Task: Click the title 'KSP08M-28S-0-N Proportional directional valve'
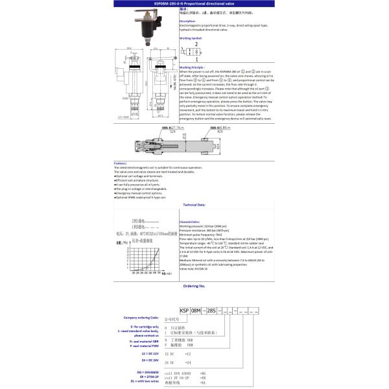coord(194,3)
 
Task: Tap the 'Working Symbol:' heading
coord(191,38)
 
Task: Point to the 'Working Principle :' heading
coord(193,67)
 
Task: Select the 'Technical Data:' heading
coord(194,204)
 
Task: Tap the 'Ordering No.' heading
coord(194,285)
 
